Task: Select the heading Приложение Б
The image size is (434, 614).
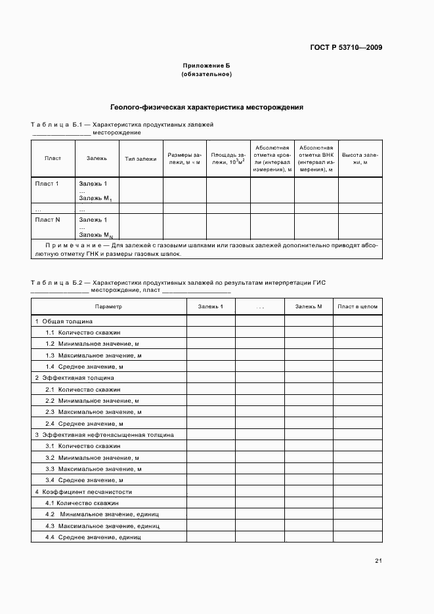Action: (x=206, y=66)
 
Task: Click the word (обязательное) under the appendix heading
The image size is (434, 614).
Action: (x=206, y=74)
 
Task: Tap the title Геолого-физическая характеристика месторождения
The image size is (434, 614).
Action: (x=206, y=106)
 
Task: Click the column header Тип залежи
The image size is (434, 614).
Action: (x=141, y=158)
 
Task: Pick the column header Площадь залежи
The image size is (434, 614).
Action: (x=228, y=158)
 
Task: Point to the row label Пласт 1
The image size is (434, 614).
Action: (x=47, y=184)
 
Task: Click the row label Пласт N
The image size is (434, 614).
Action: (x=47, y=220)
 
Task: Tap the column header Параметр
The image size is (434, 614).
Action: (x=108, y=306)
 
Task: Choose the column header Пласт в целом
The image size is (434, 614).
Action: (x=357, y=306)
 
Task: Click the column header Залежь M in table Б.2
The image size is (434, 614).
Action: (x=309, y=306)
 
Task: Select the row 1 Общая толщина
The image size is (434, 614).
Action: (x=64, y=321)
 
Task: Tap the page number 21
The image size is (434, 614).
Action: (x=378, y=560)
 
